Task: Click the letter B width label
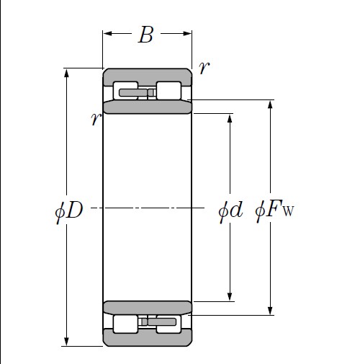click(145, 35)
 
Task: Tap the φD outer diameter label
click(69, 211)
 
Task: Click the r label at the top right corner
click(204, 68)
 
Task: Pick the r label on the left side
click(95, 120)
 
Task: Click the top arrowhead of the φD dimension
click(67, 73)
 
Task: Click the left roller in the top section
click(125, 91)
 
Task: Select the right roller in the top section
click(168, 91)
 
